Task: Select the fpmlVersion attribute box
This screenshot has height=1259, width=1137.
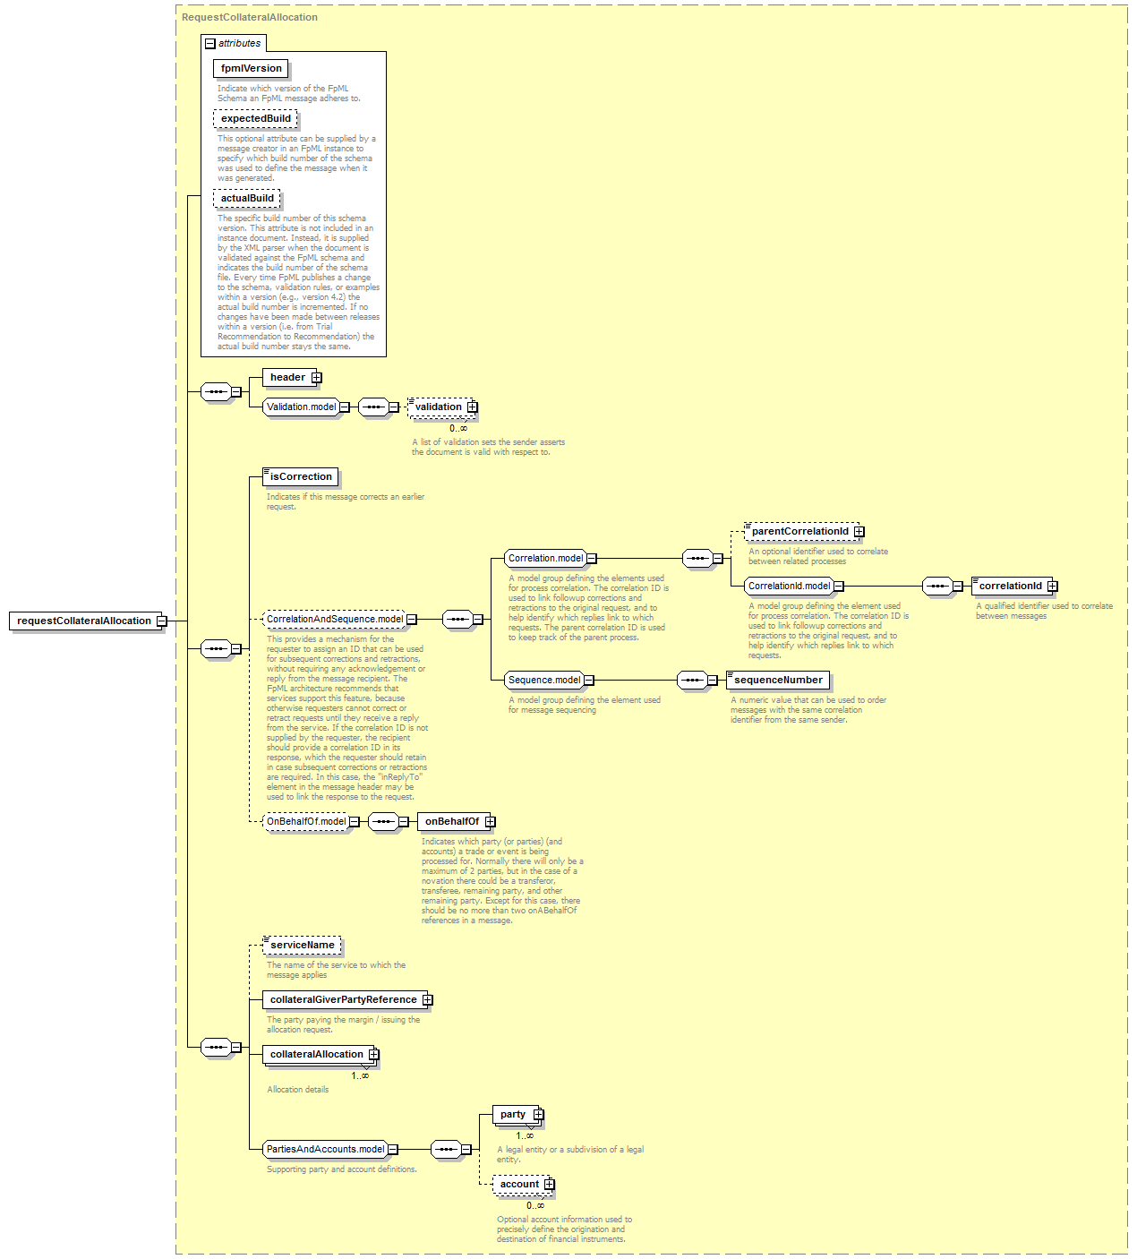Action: (251, 68)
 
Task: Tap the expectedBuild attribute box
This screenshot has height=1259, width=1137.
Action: (255, 118)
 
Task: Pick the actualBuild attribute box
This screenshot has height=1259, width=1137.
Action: (246, 198)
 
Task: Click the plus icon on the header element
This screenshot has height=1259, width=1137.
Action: (317, 377)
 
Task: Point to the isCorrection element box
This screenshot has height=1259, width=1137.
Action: (301, 477)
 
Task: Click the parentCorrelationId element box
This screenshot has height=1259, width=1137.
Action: (802, 532)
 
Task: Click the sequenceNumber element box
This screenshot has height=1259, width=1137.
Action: (778, 681)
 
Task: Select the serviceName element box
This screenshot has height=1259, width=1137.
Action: (302, 946)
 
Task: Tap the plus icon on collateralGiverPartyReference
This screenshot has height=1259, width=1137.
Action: (427, 1000)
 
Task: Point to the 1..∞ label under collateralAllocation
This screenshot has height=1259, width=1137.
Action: (360, 1075)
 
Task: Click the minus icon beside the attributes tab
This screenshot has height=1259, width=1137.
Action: (210, 44)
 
